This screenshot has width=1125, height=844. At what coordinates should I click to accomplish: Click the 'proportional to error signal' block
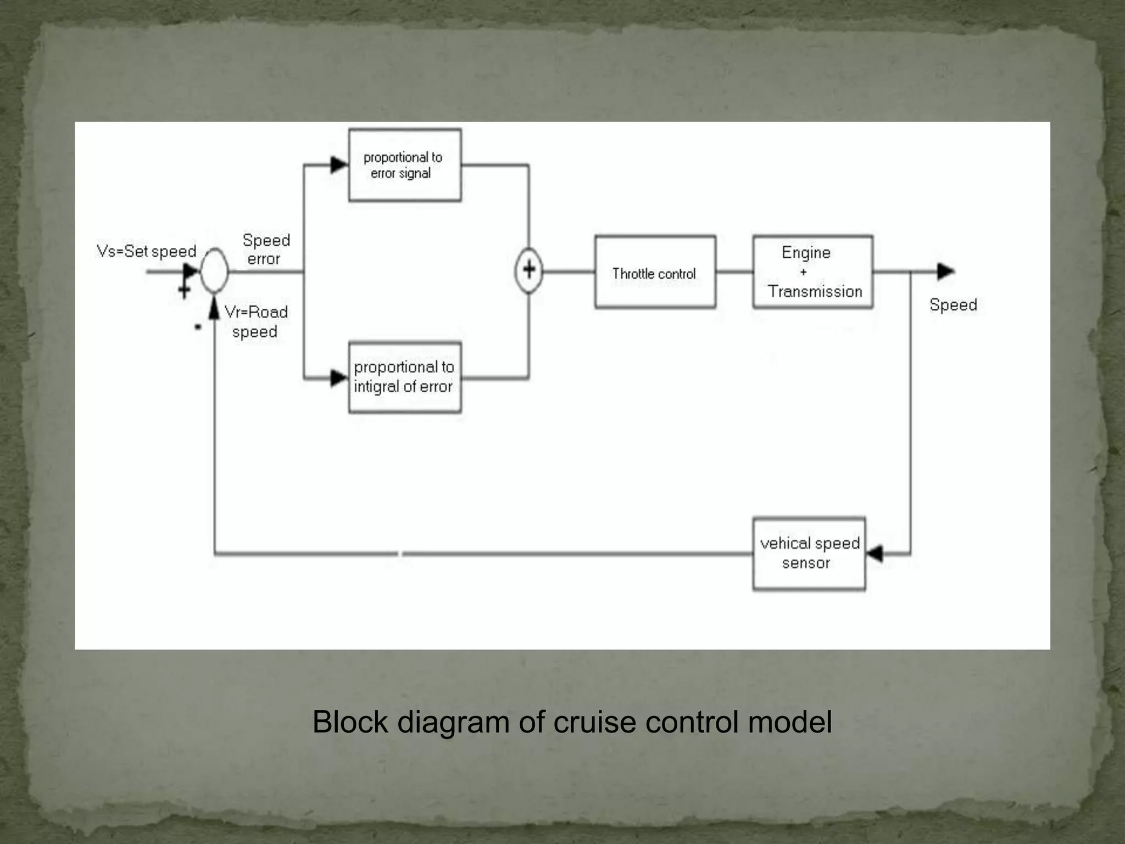[x=405, y=165]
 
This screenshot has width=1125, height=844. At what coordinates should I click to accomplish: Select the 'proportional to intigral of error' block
[x=405, y=377]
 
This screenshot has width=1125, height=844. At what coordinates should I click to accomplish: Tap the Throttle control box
[x=655, y=272]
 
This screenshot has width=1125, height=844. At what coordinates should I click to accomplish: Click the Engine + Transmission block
[x=812, y=272]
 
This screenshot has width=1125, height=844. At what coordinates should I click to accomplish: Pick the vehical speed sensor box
[x=809, y=553]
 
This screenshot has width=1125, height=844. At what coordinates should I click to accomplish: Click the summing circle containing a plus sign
[x=528, y=270]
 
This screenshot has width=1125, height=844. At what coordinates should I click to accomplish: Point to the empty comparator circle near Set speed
[x=214, y=270]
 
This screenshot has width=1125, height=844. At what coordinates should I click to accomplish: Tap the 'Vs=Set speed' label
[x=147, y=252]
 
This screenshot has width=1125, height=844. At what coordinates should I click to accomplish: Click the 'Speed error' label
[x=266, y=249]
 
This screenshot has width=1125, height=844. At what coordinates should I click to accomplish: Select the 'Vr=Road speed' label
[x=256, y=321]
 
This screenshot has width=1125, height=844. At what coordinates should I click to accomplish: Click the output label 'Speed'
[x=953, y=305]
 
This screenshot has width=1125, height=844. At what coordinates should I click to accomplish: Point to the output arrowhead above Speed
[x=945, y=271]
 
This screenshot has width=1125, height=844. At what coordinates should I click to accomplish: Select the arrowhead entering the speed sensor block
[x=875, y=553]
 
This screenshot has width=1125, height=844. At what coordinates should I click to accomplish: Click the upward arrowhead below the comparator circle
[x=214, y=309]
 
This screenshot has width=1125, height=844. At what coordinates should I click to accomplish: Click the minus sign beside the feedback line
[x=198, y=327]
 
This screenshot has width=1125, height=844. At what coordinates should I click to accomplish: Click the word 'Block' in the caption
[x=350, y=722]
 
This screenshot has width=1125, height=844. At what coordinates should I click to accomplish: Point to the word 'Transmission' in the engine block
[x=815, y=291]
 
